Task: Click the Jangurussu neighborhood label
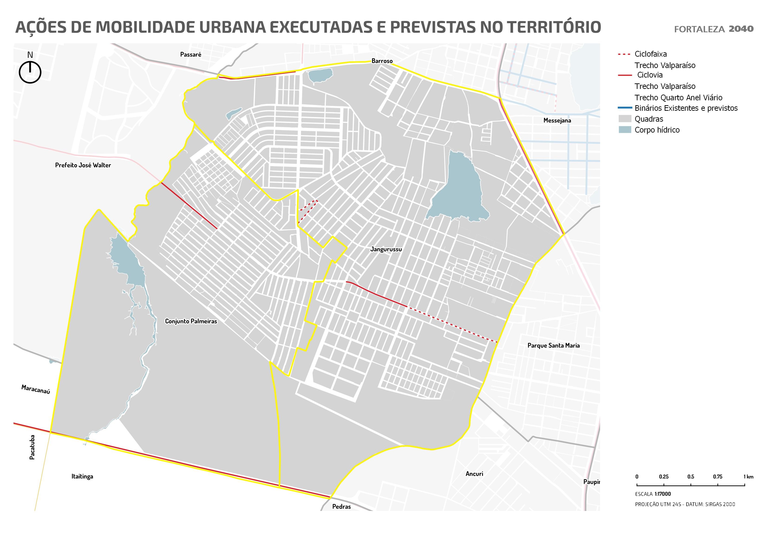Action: (386, 249)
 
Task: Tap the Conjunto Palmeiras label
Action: (191, 321)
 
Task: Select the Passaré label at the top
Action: (191, 55)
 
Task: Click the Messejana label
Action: (557, 121)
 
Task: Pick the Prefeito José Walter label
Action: (83, 165)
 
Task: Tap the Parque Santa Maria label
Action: (553, 346)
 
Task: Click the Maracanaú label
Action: (36, 389)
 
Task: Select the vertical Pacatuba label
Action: (32, 447)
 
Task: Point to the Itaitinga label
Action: (82, 476)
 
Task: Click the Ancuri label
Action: (474, 474)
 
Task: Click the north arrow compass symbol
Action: (30, 72)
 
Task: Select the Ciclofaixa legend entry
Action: (650, 54)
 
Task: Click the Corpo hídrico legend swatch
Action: (624, 130)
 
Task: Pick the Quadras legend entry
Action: (649, 119)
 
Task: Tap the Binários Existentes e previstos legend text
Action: (686, 108)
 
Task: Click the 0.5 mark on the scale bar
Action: (691, 477)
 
